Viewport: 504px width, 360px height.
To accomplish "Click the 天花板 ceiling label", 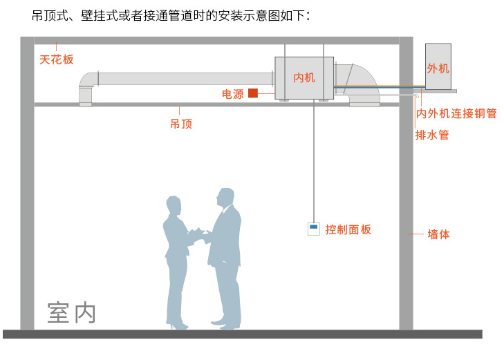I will click(56, 59).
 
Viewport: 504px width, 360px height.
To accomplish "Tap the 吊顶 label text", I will click(180, 124).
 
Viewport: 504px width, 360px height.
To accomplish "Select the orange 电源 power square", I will click(253, 93).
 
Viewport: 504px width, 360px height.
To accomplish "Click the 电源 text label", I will click(232, 94).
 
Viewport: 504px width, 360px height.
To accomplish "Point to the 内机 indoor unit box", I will click(304, 77).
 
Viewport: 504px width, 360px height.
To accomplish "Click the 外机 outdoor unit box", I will click(438, 68).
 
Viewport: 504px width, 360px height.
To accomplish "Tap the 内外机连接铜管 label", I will click(456, 113).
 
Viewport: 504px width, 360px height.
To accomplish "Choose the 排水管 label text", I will click(432, 135).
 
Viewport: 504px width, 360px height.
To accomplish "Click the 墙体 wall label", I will click(438, 234).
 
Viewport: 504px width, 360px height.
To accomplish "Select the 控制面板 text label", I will click(348, 229).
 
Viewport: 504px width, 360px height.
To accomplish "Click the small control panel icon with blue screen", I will click(313, 229).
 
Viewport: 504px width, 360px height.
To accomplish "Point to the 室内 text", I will click(71, 312).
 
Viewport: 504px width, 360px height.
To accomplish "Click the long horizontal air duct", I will click(187, 78).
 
